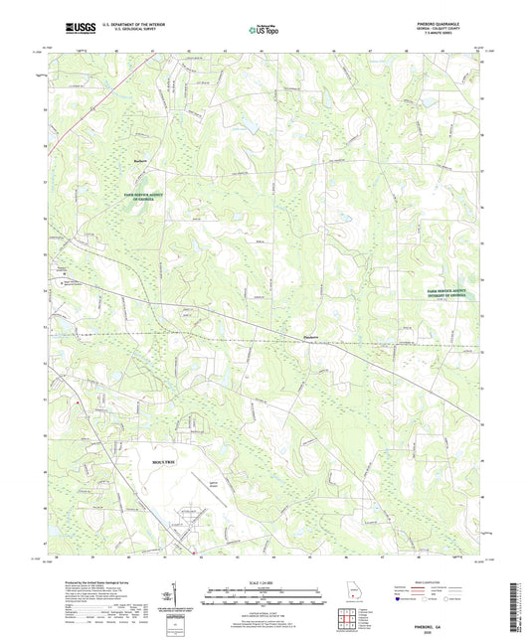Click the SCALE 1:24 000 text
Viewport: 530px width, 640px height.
[265, 582]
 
